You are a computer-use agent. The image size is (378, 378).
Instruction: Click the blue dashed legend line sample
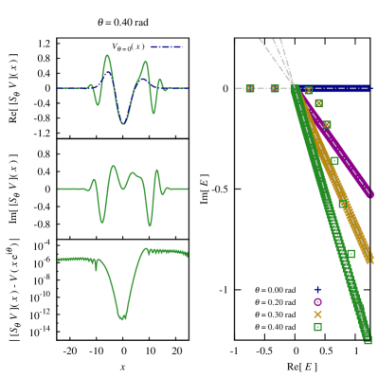pyautogui.click(x=167, y=46)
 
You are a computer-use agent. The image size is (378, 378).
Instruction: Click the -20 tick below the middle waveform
pyautogui.click(x=70, y=250)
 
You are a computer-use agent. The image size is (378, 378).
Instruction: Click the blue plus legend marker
pyautogui.click(x=317, y=289)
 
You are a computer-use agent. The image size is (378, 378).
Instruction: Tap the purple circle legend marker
pyautogui.click(x=317, y=301)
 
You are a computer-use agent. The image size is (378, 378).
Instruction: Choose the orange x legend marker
pyautogui.click(x=317, y=314)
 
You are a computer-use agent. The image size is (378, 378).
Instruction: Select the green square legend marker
pyautogui.click(x=317, y=326)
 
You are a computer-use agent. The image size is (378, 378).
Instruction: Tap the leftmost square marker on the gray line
pyautogui.click(x=249, y=88)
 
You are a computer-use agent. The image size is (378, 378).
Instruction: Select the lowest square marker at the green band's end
pyautogui.click(x=368, y=339)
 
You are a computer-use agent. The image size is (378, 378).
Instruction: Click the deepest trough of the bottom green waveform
pyautogui.click(x=122, y=317)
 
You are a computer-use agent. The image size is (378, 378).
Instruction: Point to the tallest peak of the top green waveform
pyautogui.click(x=107, y=56)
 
